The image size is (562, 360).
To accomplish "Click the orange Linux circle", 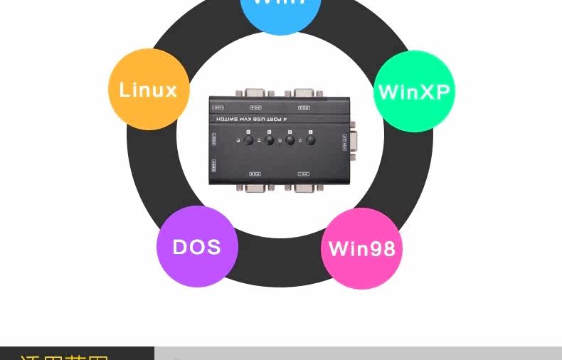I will point(149,90).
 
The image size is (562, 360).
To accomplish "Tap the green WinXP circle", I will point(414,91).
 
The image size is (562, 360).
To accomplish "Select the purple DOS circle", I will point(197,247).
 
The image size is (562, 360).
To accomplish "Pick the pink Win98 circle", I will point(361,249).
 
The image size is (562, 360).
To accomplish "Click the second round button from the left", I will point(270,140).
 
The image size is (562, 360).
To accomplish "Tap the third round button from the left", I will point(290,140).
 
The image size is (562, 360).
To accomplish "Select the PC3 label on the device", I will point(304,108).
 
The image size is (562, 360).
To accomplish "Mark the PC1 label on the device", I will point(304,174).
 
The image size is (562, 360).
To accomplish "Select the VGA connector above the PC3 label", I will point(304,93).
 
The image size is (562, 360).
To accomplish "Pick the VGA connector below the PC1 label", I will point(304,188).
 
